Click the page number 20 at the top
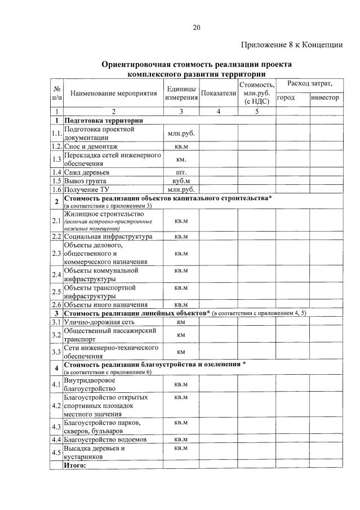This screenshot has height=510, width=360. tap(196, 28)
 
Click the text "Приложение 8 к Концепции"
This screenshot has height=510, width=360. tap(292, 45)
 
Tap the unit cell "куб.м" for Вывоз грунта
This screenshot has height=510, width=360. tap(181, 181)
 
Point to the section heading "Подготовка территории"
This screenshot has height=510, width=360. tap(103, 121)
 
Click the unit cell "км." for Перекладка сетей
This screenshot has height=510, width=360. tap(181, 159)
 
